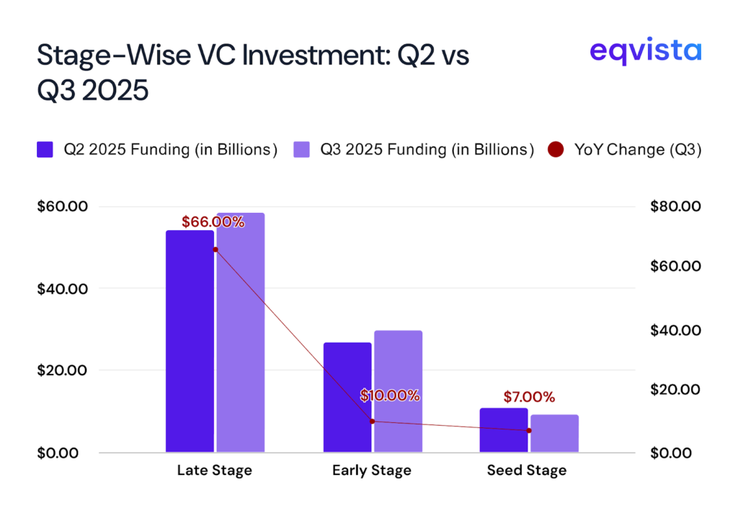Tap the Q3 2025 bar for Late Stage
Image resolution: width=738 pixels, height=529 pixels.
point(241,333)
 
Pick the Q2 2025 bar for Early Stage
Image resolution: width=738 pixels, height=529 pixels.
point(347,398)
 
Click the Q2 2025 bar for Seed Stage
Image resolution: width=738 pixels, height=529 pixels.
point(503,430)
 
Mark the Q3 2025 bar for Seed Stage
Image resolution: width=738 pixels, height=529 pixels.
point(554,433)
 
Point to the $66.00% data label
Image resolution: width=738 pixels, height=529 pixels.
point(213,222)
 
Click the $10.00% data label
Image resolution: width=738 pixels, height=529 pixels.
point(389,395)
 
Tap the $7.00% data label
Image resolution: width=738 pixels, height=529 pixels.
point(529,397)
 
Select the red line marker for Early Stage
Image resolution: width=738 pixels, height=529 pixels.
point(372,421)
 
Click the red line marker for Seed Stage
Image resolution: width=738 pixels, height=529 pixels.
point(529,431)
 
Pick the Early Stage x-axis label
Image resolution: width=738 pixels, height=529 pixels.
point(372,471)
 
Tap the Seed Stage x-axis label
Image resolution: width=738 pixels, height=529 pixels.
point(527,471)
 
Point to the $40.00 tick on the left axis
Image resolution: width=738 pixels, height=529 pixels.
point(62,289)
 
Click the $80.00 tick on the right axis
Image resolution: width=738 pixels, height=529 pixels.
point(675,207)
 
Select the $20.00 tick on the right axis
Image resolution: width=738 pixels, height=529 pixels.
point(675,390)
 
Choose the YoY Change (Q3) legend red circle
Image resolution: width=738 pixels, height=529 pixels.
point(556,150)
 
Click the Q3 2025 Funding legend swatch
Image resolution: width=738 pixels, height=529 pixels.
point(301,150)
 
